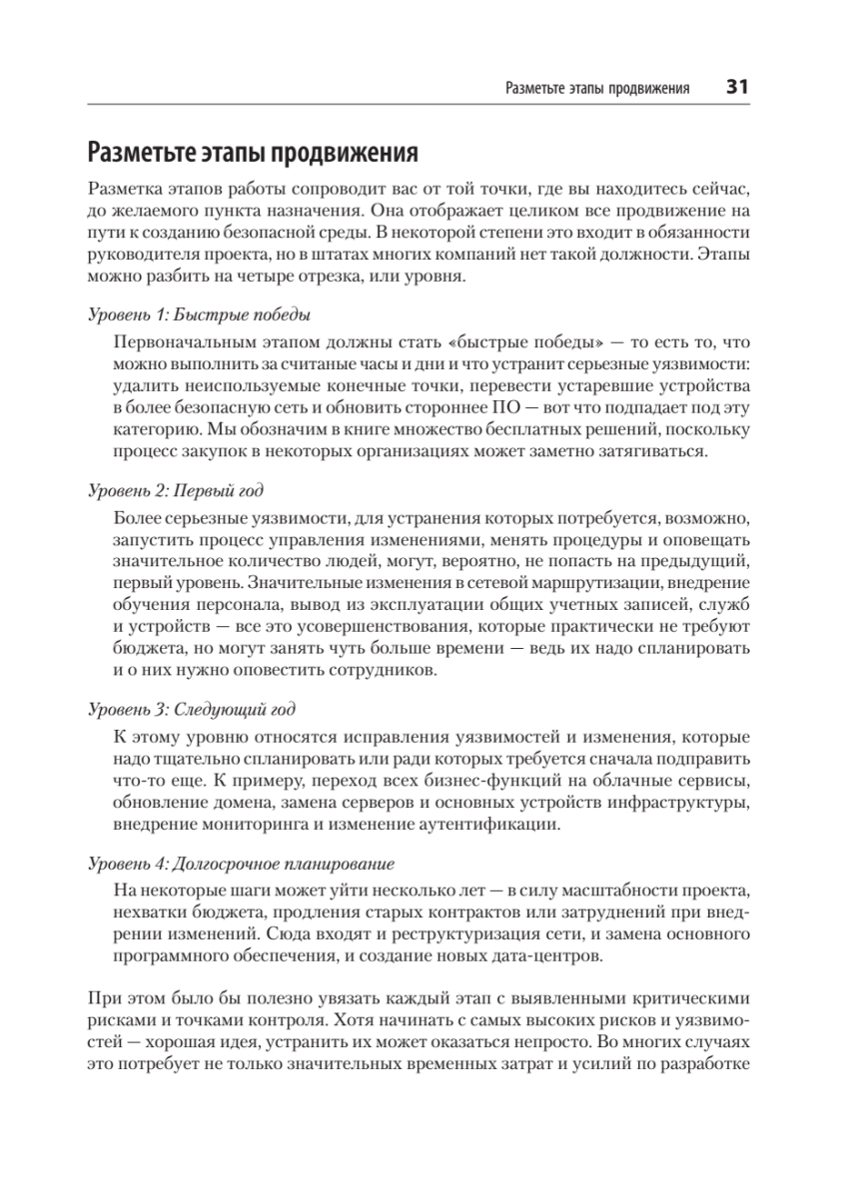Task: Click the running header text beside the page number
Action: (x=597, y=88)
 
